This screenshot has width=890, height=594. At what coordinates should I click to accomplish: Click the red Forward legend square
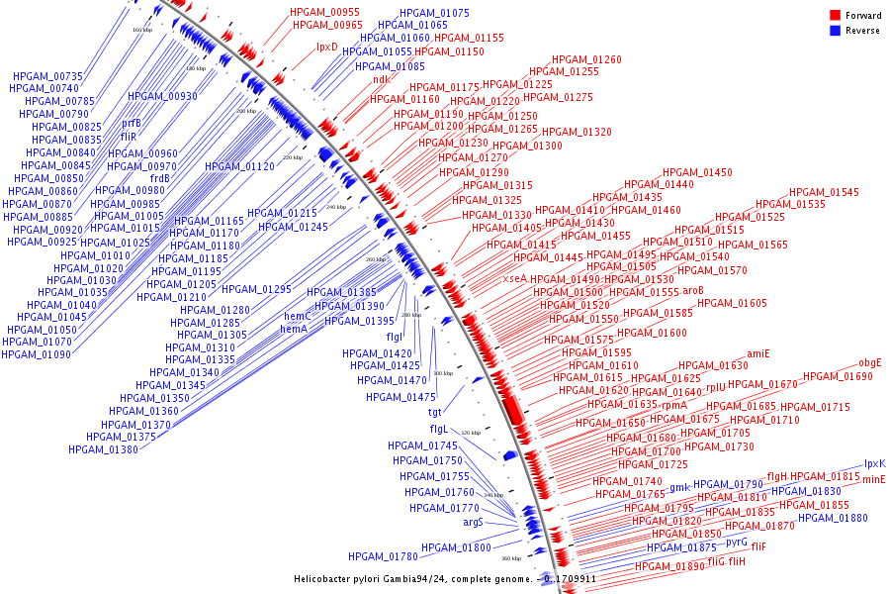835,15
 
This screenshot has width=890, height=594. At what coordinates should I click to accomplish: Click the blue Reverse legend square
835,30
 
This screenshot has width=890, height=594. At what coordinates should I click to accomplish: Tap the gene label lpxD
326,47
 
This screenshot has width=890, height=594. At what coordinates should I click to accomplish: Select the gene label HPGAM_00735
47,76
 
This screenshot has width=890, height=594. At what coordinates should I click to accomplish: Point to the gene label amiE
757,353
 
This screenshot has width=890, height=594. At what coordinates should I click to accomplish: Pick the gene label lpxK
875,463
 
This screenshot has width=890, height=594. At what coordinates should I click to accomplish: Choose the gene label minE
874,479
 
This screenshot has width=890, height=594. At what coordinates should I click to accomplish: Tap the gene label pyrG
737,542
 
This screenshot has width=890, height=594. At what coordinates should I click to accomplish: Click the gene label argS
473,522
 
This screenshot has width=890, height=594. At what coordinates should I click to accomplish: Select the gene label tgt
434,412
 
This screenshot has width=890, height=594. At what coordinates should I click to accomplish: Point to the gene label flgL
439,429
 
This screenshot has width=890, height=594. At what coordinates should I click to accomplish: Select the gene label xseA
514,278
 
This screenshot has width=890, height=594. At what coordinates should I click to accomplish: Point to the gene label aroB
692,291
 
